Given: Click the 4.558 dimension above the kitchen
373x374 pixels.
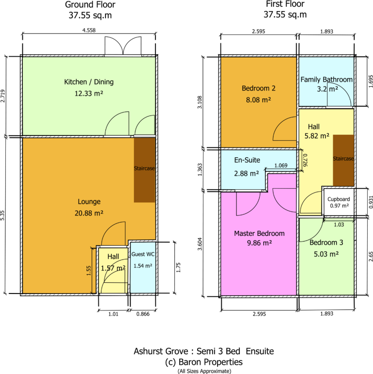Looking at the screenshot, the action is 89,30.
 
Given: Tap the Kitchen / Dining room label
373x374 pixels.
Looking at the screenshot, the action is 89,82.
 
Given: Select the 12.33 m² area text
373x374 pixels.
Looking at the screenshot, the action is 89,93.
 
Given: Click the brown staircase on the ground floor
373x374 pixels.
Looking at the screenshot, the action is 144,170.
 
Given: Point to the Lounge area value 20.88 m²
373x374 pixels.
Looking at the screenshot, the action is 89,213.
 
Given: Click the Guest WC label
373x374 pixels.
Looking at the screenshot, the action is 143,254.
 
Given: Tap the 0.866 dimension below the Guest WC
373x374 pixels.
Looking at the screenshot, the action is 143,314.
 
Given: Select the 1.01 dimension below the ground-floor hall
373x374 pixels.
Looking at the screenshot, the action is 113,314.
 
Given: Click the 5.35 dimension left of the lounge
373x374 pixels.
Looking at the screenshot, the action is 2,215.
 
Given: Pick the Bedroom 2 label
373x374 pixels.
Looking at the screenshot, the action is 258,88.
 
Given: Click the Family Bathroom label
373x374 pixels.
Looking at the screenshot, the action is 326,80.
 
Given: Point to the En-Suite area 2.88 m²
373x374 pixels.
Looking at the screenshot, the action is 246,173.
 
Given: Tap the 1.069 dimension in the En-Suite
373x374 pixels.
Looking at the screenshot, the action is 281,165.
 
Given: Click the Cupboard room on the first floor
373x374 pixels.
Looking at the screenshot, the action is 339,202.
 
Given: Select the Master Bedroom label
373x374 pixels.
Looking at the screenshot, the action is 259,233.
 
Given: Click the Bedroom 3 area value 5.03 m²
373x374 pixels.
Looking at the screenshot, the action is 326,254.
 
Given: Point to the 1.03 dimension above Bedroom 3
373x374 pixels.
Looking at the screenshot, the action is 339,225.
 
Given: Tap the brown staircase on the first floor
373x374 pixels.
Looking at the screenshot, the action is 343,160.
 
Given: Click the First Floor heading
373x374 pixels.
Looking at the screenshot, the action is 285,4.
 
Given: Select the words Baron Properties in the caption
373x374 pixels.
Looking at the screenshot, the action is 211,362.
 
